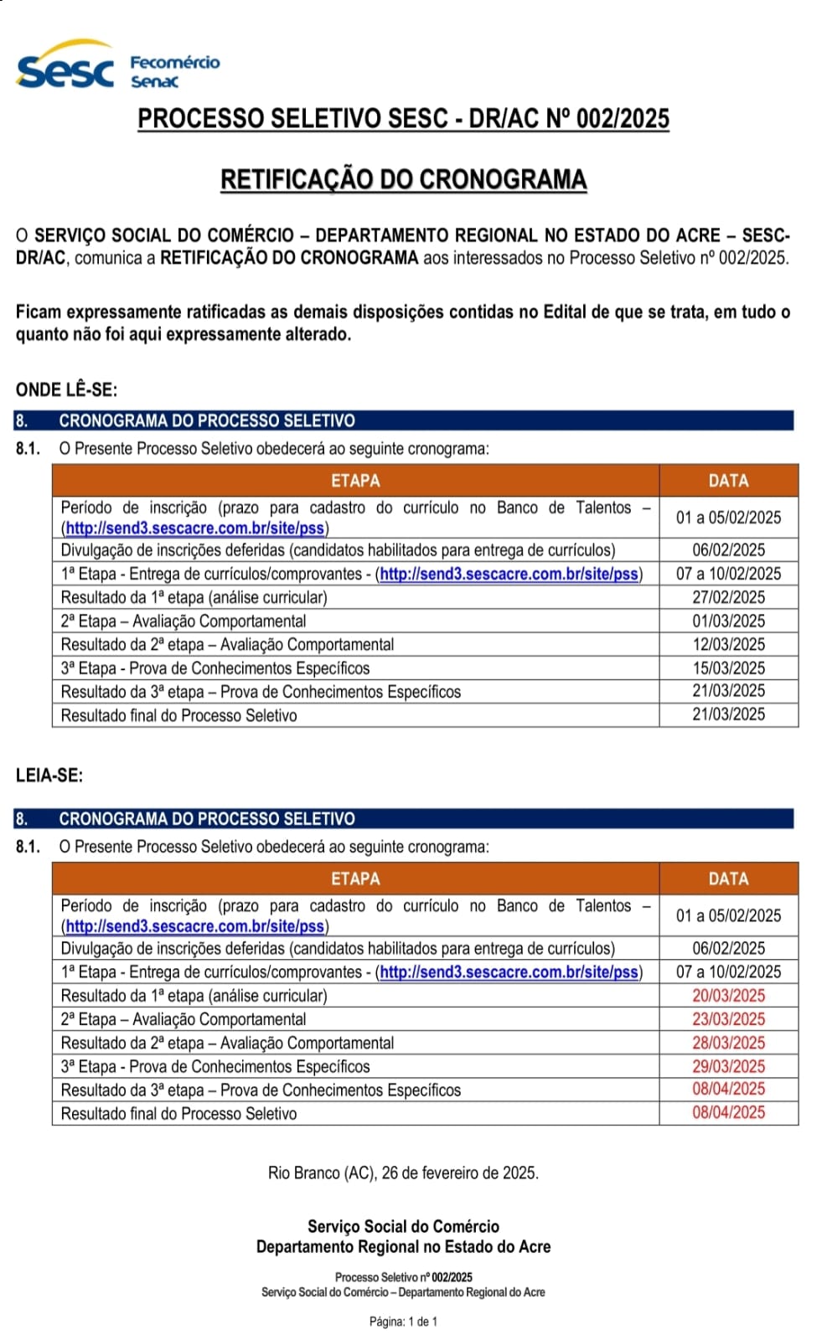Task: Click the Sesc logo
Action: pyautogui.click(x=65, y=68)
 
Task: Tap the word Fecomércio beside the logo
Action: pyautogui.click(x=174, y=62)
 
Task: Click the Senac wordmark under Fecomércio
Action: pyautogui.click(x=154, y=81)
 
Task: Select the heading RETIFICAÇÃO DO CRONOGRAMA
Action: pyautogui.click(x=403, y=179)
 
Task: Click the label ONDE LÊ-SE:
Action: pyautogui.click(x=66, y=389)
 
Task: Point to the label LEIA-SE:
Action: pyautogui.click(x=49, y=776)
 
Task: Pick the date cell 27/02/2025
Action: pyautogui.click(x=728, y=597)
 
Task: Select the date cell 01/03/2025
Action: pyautogui.click(x=728, y=621)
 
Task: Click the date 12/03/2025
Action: pyautogui.click(x=728, y=644)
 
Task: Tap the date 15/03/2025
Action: pyautogui.click(x=728, y=667)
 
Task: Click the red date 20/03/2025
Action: pyautogui.click(x=728, y=996)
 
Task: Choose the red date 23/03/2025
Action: pyautogui.click(x=728, y=1019)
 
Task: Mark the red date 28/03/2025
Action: pyautogui.click(x=728, y=1043)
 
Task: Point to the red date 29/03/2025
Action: pyautogui.click(x=728, y=1066)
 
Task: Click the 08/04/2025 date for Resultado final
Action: pyautogui.click(x=728, y=1112)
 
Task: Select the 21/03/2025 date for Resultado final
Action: pyautogui.click(x=728, y=714)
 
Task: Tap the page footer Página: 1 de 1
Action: pyautogui.click(x=403, y=1322)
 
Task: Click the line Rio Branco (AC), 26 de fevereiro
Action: pyautogui.click(x=403, y=1172)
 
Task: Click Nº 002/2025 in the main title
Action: pyautogui.click(x=607, y=119)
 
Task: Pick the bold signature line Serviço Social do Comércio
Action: pyautogui.click(x=403, y=1226)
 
